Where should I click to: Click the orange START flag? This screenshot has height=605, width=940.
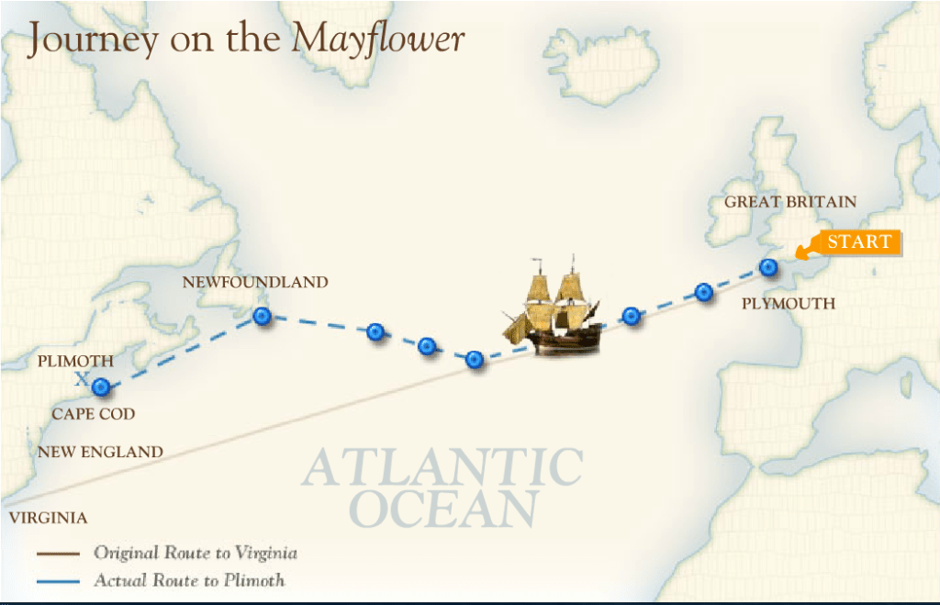[x=857, y=242]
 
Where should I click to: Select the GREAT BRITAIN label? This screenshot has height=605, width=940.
[x=790, y=202]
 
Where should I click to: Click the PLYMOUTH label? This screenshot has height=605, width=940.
[x=789, y=303]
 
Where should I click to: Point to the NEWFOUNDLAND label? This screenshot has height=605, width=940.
[x=255, y=282]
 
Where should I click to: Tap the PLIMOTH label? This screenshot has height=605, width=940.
[x=75, y=362]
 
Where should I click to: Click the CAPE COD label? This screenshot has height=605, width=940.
[x=93, y=414]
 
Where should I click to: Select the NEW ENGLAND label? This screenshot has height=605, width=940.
[x=100, y=452]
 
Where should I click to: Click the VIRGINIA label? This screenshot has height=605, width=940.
[x=49, y=518]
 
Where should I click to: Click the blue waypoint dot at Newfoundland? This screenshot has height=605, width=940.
[x=263, y=317]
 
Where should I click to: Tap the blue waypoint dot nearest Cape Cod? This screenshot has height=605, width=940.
[x=101, y=387]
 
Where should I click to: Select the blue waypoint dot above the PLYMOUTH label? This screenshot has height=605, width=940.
[x=768, y=268]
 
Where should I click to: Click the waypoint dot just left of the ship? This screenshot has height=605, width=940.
[x=475, y=359]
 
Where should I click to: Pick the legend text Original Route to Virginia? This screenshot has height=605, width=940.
[x=195, y=553]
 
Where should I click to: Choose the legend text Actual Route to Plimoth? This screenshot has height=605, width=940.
[x=189, y=580]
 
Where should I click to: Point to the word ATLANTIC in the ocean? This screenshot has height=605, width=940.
[x=442, y=468]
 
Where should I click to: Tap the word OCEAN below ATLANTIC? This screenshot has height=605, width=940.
[x=443, y=510]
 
